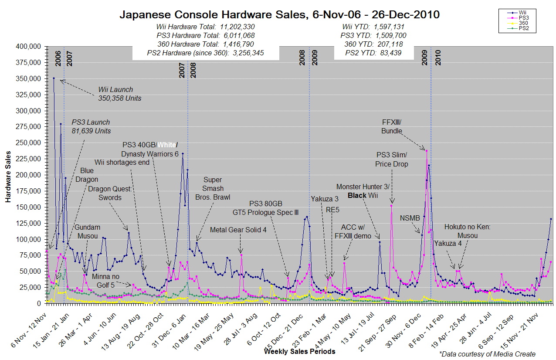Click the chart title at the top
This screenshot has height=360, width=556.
coord(279,15)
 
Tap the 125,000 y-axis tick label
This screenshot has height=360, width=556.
coord(28,223)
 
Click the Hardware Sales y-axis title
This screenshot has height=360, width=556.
coord(8,174)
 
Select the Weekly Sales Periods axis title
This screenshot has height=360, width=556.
coord(299,351)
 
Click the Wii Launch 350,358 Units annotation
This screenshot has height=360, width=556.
coord(119,94)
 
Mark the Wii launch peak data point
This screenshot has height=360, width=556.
coord(54,78)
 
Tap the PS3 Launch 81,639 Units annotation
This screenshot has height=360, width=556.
coord(91,126)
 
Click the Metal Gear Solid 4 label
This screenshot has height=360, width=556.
coord(238,230)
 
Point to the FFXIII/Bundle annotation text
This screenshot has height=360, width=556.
coord(392,126)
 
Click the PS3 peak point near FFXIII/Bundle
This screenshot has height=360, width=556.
coord(427,151)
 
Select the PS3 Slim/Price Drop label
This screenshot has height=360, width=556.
coord(392,159)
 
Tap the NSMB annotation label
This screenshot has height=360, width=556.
coord(410,218)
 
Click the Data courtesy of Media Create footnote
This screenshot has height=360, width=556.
coord(487,354)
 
